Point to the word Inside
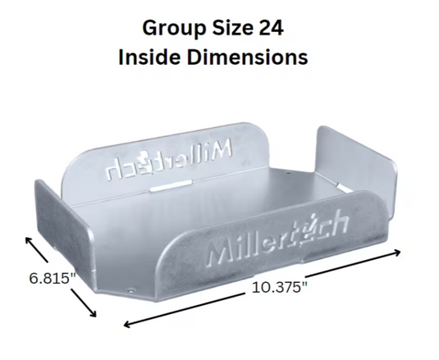pyautogui.click(x=151, y=57)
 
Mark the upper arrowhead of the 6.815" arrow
pyautogui.click(x=28, y=238)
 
